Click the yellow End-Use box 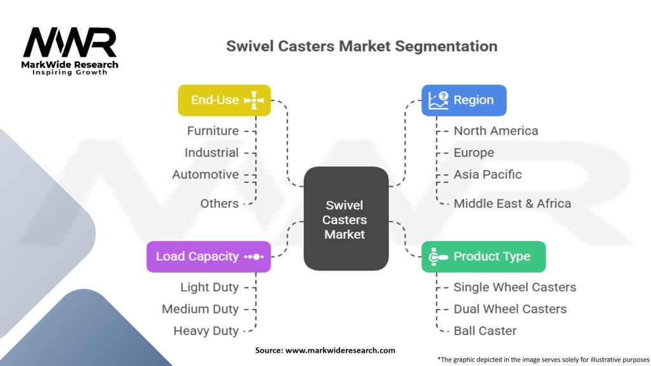click(x=224, y=100)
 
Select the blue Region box click(x=463, y=100)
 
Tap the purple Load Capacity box click(x=209, y=257)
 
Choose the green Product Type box click(x=483, y=257)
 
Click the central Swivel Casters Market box click(x=345, y=220)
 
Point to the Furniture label click(x=213, y=131)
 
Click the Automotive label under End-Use click(x=205, y=174)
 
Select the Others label click(x=219, y=203)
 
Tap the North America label click(x=496, y=131)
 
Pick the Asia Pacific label click(x=488, y=174)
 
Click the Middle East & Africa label click(x=512, y=203)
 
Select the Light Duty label click(x=209, y=287)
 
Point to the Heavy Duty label click(x=206, y=330)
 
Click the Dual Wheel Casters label click(x=510, y=309)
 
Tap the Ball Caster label click(x=484, y=330)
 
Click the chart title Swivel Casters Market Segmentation click(x=362, y=46)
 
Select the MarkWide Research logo click(x=70, y=51)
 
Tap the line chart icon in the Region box click(x=438, y=100)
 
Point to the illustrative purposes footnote click(x=544, y=359)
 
